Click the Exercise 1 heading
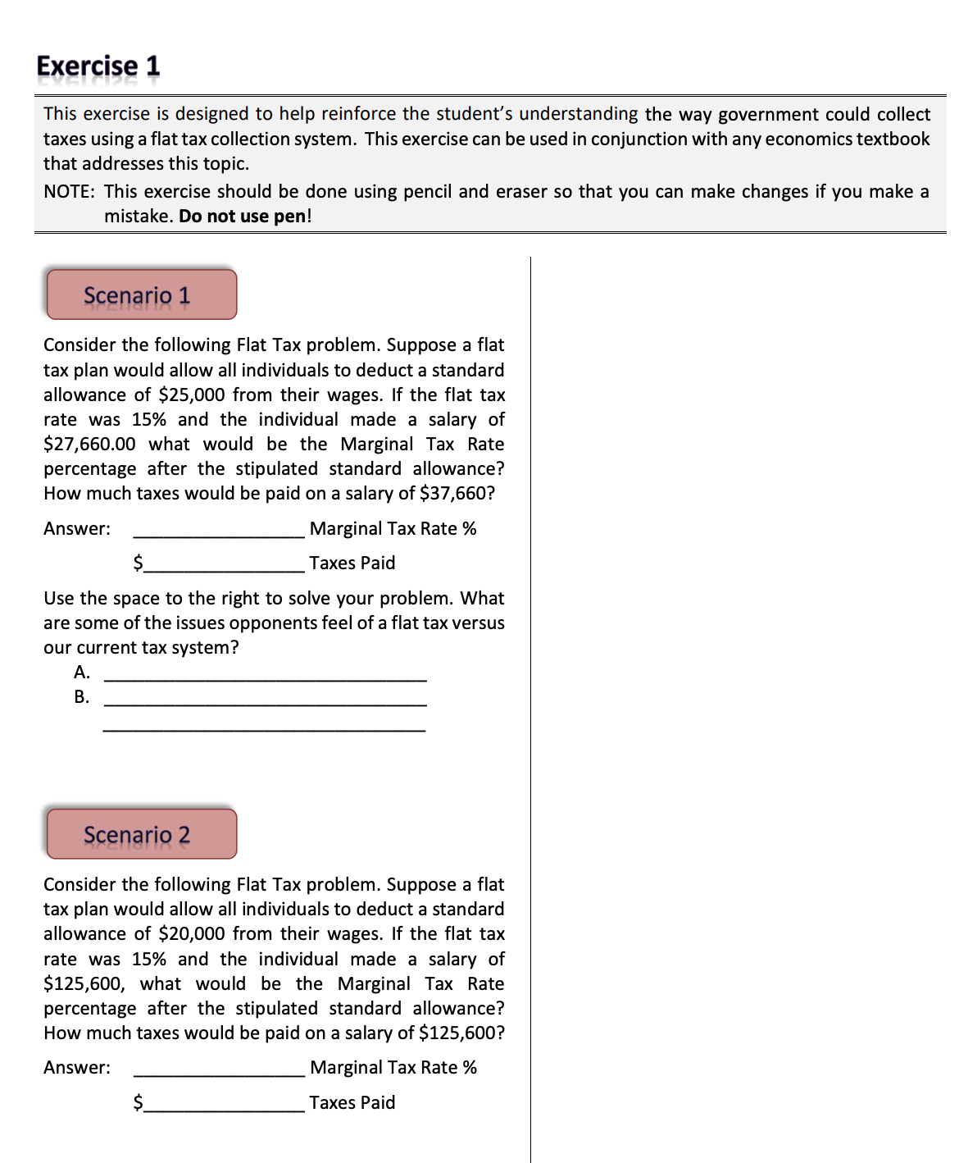coord(98,66)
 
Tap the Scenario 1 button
coord(141,294)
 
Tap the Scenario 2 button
coord(141,834)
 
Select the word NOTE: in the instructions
coord(69,191)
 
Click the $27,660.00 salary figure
coord(89,444)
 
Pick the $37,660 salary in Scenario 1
coord(457,493)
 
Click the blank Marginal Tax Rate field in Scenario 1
coord(219,531)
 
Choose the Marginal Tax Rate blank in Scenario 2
coord(219,1070)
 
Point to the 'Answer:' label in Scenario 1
coord(77,529)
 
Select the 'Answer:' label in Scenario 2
coord(77,1068)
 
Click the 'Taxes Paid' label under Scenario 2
coord(352,1102)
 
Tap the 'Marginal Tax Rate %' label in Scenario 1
coord(393,529)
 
